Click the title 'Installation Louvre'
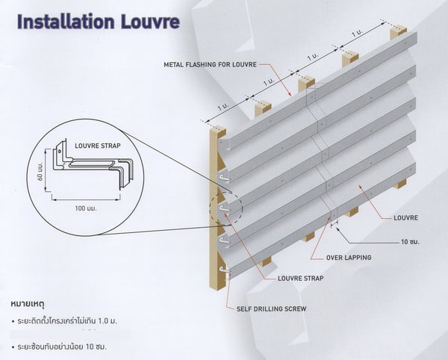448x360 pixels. point(97,20)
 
